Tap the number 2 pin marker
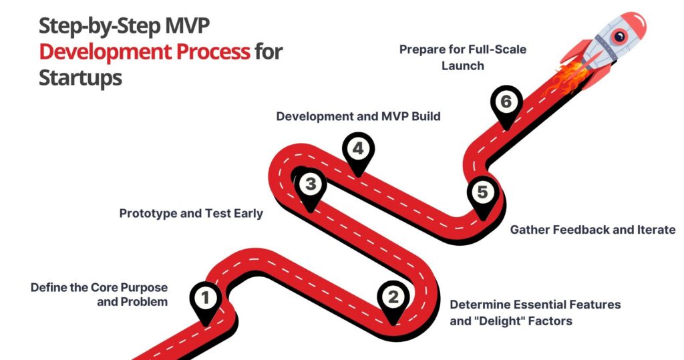(392, 297)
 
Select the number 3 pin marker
(309, 184)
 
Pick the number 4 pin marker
(358, 149)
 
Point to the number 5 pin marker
(482, 192)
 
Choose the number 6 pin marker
(506, 102)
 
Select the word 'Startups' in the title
(80, 77)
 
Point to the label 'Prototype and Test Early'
(191, 214)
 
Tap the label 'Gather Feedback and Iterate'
(593, 230)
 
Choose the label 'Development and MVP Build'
(358, 116)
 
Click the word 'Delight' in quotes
(498, 321)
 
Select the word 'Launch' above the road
(462, 66)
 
